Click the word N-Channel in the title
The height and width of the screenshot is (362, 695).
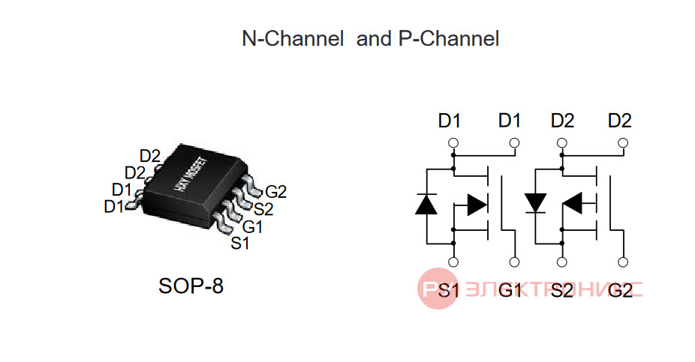(293, 38)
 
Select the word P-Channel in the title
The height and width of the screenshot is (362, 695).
(449, 38)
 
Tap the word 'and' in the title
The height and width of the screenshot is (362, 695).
(375, 38)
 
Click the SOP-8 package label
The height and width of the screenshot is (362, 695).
(191, 286)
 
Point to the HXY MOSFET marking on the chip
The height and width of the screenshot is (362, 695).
(190, 175)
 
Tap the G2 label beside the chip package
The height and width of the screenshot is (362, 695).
(275, 192)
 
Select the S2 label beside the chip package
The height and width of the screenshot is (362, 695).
(263, 209)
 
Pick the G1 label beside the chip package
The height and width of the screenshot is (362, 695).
(252, 226)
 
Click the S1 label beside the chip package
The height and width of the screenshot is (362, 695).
(240, 243)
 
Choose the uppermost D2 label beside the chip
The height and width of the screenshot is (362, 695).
(150, 156)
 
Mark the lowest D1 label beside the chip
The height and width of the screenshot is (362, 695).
(114, 206)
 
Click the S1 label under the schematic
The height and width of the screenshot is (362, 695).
(449, 290)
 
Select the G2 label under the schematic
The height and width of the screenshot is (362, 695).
(620, 290)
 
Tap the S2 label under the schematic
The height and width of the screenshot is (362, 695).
(562, 290)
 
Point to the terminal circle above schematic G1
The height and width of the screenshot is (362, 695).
(514, 262)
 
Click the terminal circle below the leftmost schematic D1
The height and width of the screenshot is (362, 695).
(453, 143)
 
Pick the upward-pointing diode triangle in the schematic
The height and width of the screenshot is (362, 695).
(426, 204)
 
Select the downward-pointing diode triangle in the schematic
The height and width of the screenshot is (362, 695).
(535, 203)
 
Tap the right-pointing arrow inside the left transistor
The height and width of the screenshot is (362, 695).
(477, 205)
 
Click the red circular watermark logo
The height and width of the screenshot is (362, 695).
(438, 289)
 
